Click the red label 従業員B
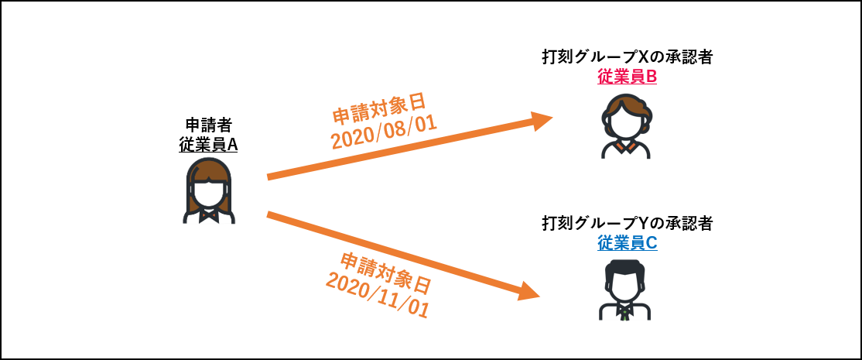pos(627,77)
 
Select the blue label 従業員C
pos(627,242)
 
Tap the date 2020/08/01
pos(384,132)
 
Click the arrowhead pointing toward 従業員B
pos(541,120)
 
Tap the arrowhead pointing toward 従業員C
pos(529,291)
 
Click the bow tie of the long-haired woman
pos(208,214)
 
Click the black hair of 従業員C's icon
pos(625,268)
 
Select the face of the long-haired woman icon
pos(208,193)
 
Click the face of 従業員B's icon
pos(625,123)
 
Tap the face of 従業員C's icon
pos(625,286)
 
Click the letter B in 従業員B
pos(651,77)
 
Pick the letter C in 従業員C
pos(651,242)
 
